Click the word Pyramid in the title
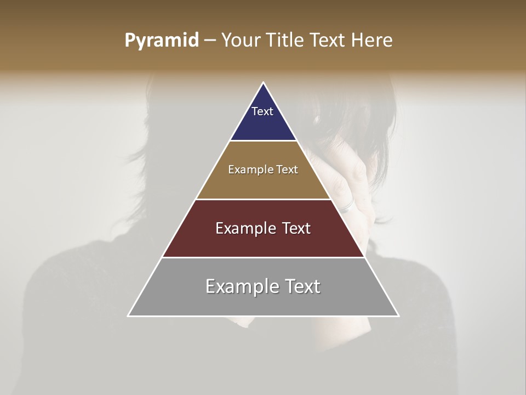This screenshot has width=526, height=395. (x=162, y=40)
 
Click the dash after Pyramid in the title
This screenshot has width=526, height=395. (x=210, y=41)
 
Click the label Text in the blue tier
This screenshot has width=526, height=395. (x=262, y=111)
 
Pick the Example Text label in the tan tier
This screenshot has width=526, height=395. (x=263, y=170)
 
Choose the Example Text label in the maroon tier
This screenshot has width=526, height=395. (x=263, y=228)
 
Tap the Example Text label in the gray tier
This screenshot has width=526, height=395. (x=263, y=286)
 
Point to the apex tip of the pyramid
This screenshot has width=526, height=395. (x=264, y=83)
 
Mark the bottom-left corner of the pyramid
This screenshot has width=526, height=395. (x=129, y=315)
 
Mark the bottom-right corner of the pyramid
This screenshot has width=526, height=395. (x=398, y=315)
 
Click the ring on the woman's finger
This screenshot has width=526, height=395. (x=346, y=206)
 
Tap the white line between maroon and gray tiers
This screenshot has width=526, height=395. (x=263, y=257)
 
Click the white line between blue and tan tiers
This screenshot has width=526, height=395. (x=263, y=141)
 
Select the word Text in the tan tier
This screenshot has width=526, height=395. (x=287, y=170)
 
